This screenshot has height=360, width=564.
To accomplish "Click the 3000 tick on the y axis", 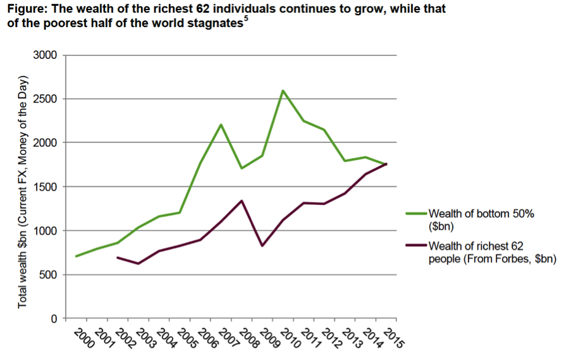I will coord(46,56).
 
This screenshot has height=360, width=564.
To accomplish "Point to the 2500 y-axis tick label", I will coord(46,99).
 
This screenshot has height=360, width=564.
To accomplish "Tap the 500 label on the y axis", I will coord(49,275).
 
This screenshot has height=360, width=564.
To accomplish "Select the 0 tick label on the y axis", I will coord(55,318).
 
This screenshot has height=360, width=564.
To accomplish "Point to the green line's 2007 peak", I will coord(221,124).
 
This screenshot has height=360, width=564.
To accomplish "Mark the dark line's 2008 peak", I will coord(242,201).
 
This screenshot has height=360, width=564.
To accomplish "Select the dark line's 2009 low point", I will coord(262,245).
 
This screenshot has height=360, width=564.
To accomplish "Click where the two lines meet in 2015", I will coord(385,164).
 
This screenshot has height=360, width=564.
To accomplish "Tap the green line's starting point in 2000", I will coord(77,256).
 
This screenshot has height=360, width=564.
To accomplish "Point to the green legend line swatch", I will coord(415,214).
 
